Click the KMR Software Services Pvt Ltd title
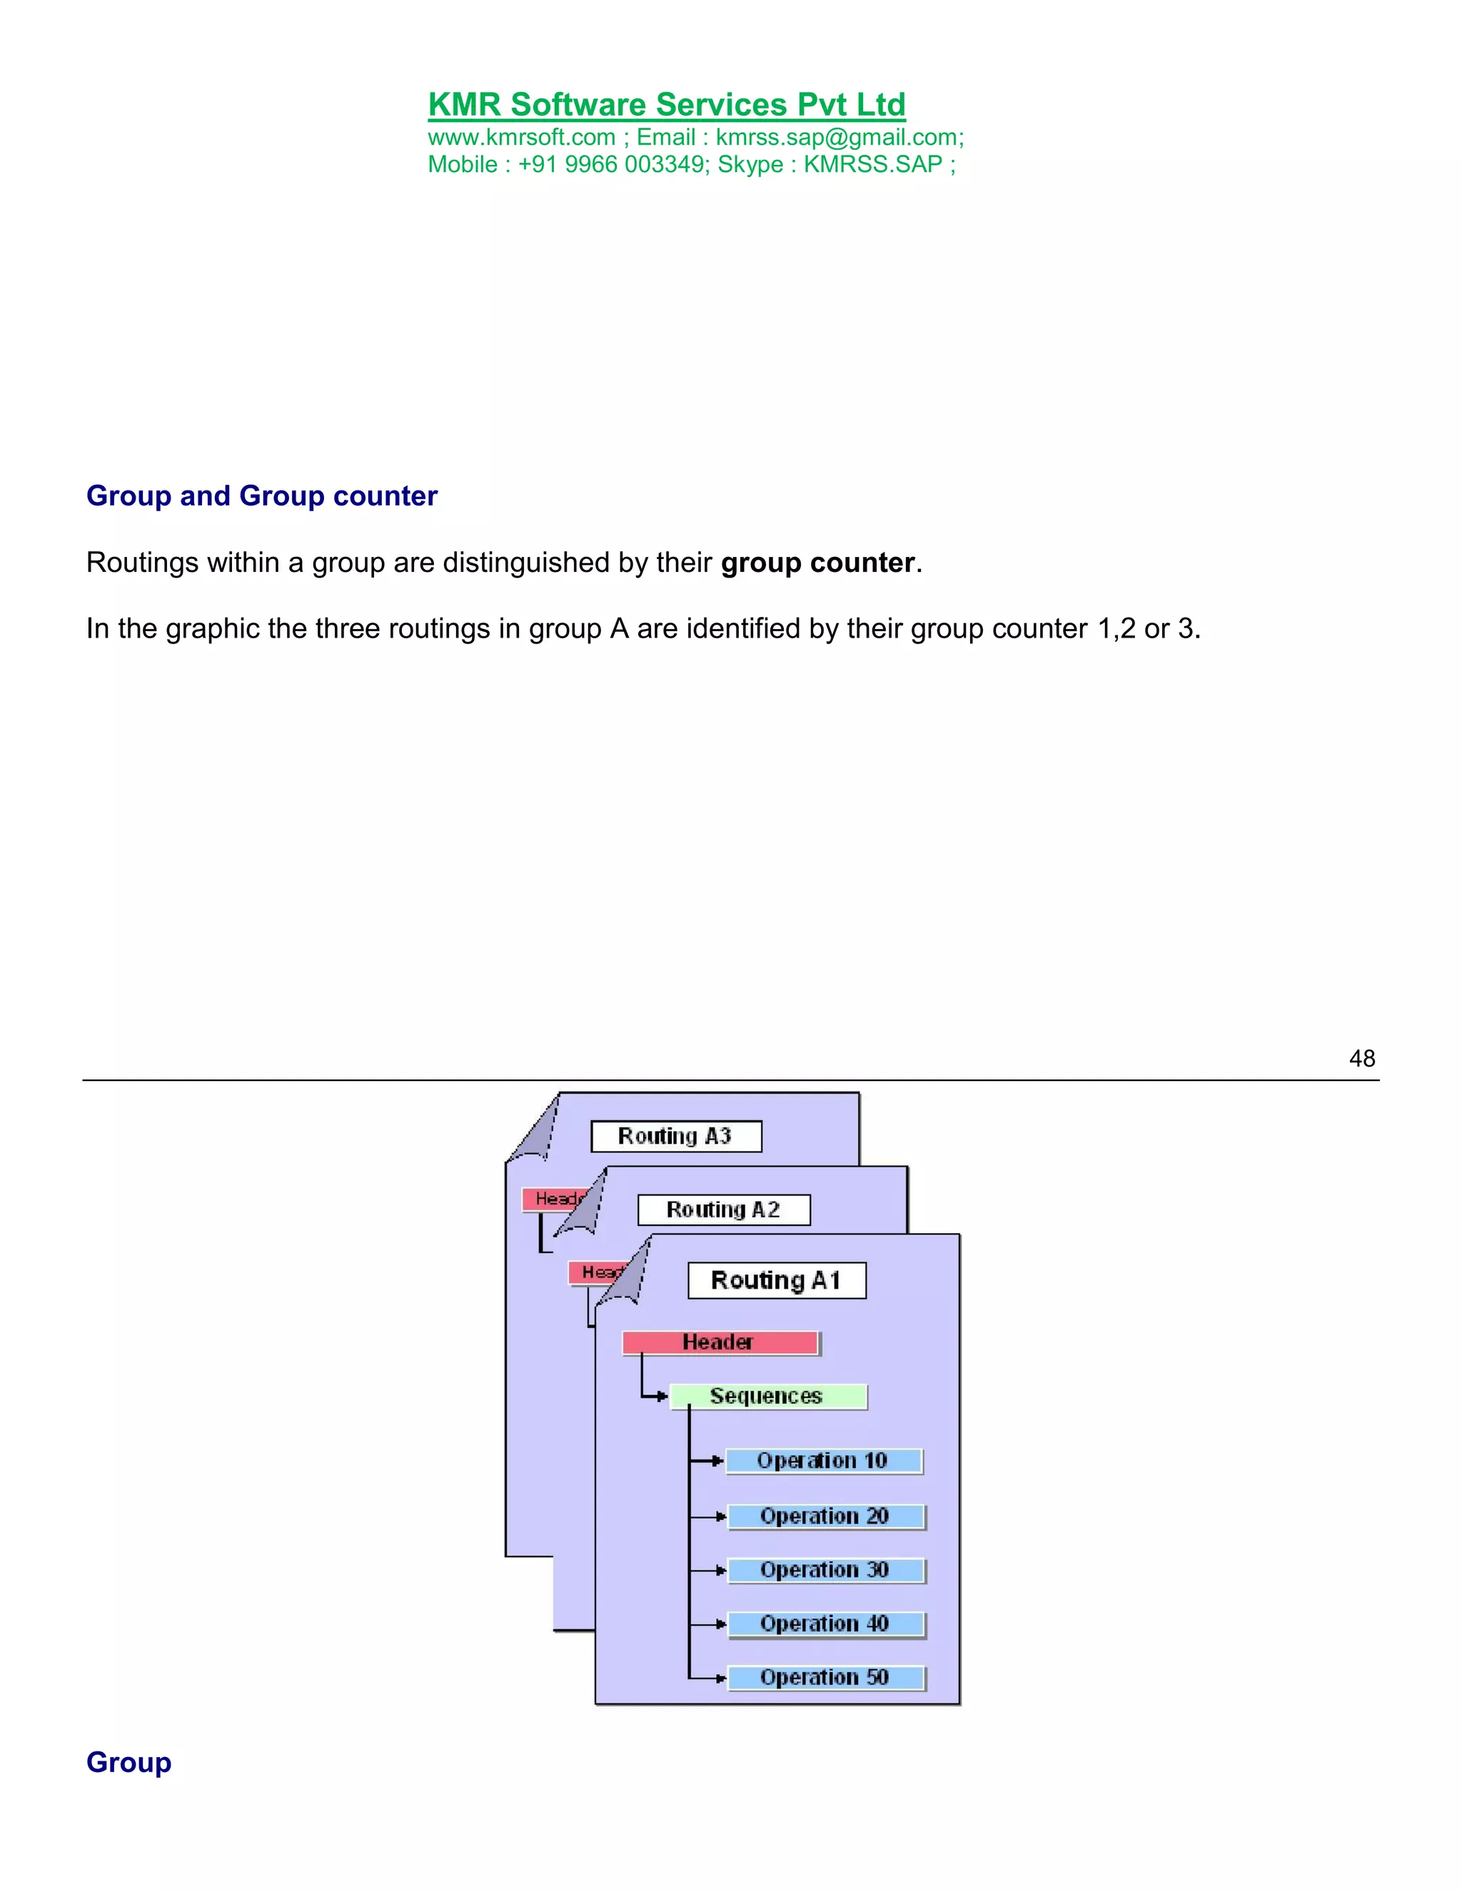tap(666, 105)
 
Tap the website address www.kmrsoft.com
tap(521, 138)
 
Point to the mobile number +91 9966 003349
tap(612, 165)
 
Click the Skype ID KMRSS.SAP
tap(873, 165)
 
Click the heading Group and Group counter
tap(261, 495)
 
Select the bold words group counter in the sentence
tap(817, 563)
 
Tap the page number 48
tap(1361, 1058)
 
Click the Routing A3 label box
tap(675, 1136)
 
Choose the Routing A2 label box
tap(723, 1209)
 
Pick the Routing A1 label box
tap(776, 1280)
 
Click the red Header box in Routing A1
tap(720, 1343)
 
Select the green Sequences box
tap(767, 1397)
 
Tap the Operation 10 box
tap(824, 1461)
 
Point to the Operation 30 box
tap(825, 1571)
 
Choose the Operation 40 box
tap(825, 1624)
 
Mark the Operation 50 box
tap(825, 1678)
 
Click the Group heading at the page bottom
tap(129, 1761)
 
